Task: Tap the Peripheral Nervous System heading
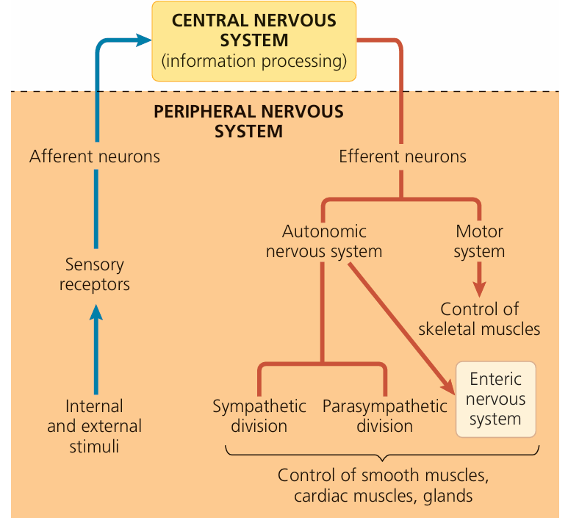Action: (x=248, y=122)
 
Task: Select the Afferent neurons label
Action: (x=95, y=156)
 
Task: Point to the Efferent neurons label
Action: (x=402, y=156)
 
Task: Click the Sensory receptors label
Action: (x=95, y=274)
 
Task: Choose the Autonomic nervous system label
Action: (x=324, y=242)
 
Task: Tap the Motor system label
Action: (x=479, y=242)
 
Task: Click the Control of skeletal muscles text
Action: (x=479, y=319)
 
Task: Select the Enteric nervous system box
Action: (x=497, y=400)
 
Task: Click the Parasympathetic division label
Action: (x=384, y=416)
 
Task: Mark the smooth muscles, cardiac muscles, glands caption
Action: (x=383, y=486)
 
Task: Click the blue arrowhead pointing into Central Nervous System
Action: (x=143, y=41)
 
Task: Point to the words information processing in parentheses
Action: (x=254, y=60)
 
